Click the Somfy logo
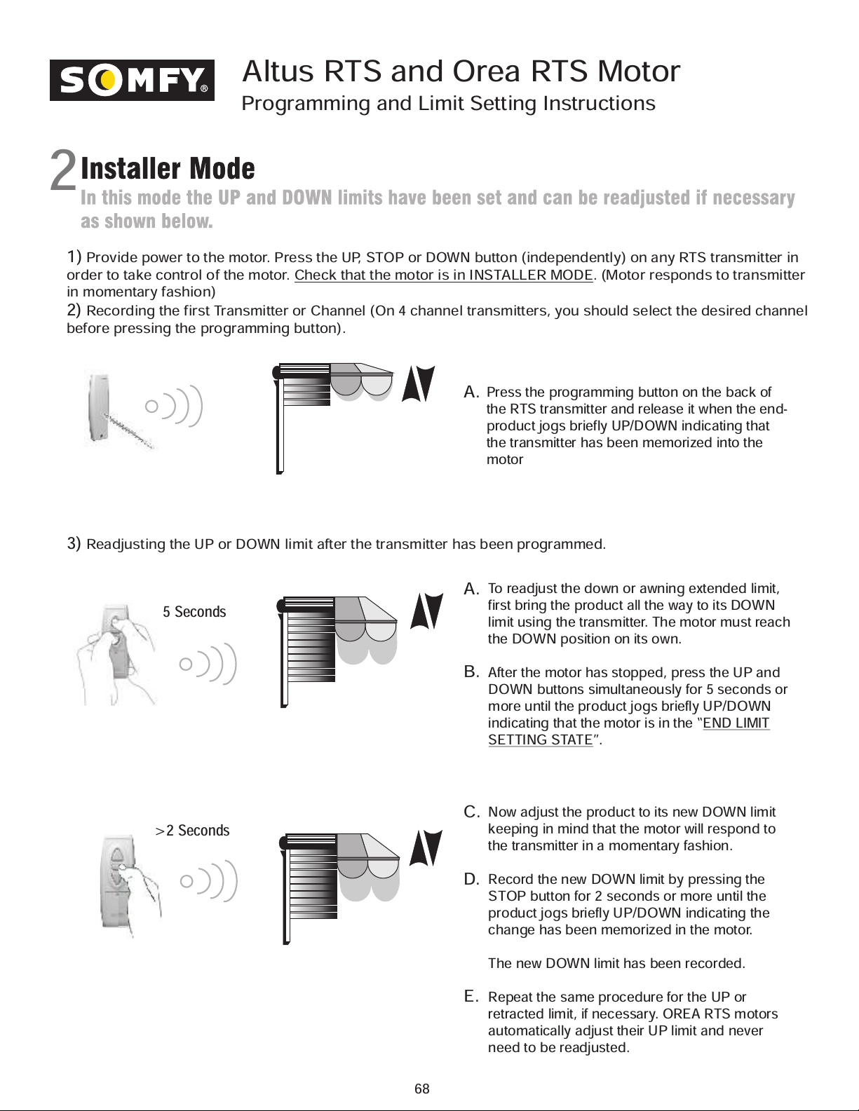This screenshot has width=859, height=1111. pyautogui.click(x=132, y=80)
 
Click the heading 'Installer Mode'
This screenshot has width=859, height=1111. pyautogui.click(x=168, y=168)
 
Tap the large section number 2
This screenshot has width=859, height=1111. pyautogui.click(x=62, y=172)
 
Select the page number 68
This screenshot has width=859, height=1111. pyautogui.click(x=421, y=1089)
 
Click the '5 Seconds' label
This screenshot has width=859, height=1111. pyautogui.click(x=194, y=612)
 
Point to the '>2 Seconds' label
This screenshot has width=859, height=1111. pyautogui.click(x=192, y=831)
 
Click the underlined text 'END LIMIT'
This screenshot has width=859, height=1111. pyautogui.click(x=736, y=723)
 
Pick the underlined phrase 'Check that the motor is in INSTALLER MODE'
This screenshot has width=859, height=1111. pyautogui.click(x=443, y=275)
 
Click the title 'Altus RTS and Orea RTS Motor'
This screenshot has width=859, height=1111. pyautogui.click(x=461, y=71)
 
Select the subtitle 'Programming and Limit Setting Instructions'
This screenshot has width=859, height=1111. pyautogui.click(x=448, y=104)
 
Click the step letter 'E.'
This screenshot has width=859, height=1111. pyautogui.click(x=472, y=996)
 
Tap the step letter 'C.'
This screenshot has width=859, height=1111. pyautogui.click(x=472, y=812)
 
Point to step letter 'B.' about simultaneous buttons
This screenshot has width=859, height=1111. pyautogui.click(x=472, y=672)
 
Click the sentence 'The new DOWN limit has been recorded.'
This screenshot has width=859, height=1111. pyautogui.click(x=616, y=963)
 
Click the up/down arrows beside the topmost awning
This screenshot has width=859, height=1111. pyautogui.click(x=419, y=383)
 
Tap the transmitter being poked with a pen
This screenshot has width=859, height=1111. pyautogui.click(x=100, y=407)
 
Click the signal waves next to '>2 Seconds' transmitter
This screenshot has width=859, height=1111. pyautogui.click(x=210, y=880)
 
